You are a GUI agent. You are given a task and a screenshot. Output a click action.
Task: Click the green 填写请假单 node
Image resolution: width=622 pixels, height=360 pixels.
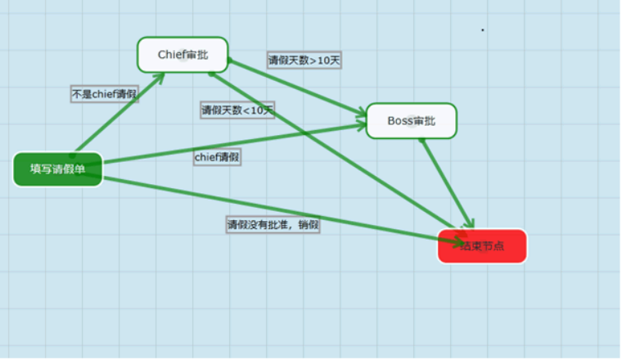coord(57,169)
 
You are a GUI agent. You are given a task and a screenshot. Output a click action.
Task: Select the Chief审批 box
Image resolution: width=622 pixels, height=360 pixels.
coord(183,55)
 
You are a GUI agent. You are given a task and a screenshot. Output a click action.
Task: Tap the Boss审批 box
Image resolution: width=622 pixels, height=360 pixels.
coord(411,121)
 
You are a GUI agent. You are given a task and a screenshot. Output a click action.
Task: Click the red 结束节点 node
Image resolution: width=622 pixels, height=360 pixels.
coord(482,246)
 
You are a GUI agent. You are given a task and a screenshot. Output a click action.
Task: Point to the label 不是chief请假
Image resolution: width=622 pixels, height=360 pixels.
coord(104,94)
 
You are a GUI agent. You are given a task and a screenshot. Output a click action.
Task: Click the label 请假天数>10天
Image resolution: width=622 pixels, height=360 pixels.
coord(304,61)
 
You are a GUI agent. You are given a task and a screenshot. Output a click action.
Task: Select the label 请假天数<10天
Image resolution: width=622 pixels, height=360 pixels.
coord(237,110)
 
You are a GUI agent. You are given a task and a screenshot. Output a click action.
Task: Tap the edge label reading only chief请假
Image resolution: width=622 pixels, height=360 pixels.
coord(217,157)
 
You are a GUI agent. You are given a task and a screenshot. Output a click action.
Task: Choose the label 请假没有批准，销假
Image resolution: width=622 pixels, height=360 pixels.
coord(273,224)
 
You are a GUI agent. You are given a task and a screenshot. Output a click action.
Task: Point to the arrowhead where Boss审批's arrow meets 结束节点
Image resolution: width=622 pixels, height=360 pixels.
coord(470,223)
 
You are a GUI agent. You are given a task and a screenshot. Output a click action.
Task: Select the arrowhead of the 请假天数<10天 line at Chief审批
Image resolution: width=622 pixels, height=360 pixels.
coord(214,72)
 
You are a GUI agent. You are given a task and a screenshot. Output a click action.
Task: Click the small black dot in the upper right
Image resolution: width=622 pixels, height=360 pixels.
coord(482,30)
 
